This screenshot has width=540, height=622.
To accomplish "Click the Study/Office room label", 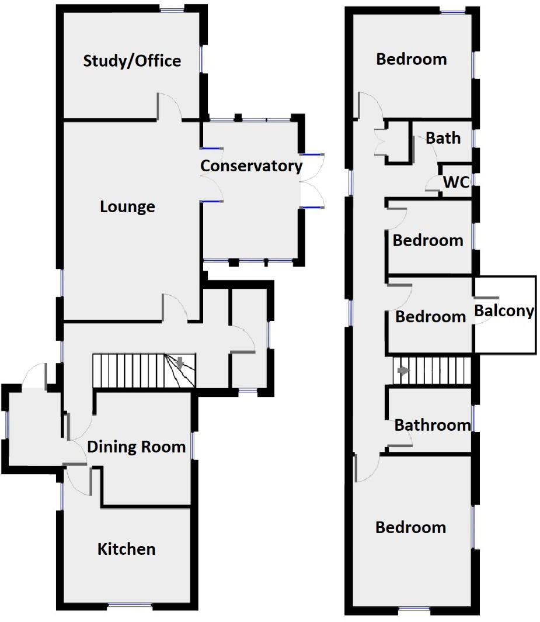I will [x=132, y=61].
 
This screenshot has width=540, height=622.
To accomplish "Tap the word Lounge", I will [x=127, y=207].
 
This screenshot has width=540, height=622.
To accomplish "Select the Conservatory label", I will [x=251, y=166].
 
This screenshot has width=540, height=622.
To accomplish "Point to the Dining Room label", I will [x=136, y=447].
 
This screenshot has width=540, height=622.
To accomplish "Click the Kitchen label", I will [x=126, y=550].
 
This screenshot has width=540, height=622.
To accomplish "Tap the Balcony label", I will [x=504, y=311].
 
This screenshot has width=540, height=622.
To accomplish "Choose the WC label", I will [x=456, y=182].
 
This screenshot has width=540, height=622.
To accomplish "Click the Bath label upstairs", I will [x=443, y=139].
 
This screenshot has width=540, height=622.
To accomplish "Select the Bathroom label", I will [x=432, y=425].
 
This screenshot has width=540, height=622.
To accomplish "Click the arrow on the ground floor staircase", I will [x=180, y=362].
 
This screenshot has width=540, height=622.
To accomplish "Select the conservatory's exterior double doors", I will [x=312, y=181].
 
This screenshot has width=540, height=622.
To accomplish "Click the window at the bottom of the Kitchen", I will [x=130, y=606].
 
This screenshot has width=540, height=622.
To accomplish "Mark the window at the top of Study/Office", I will [x=172, y=9].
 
